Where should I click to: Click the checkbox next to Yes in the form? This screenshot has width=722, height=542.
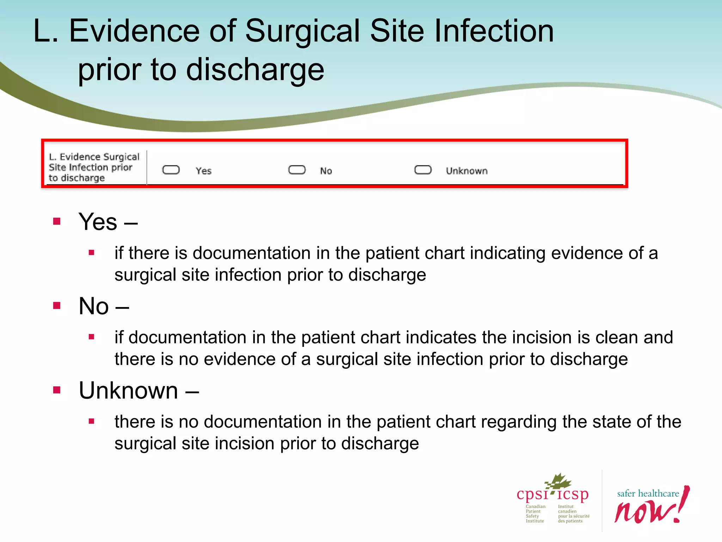pos(171,170)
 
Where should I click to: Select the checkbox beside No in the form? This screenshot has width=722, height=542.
pos(297,170)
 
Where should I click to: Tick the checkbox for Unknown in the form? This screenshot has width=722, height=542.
pos(423,170)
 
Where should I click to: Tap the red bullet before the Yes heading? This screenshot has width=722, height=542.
pos(57,222)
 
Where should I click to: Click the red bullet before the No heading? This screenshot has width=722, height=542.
pos(57,306)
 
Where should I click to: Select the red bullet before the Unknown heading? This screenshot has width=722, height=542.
pos(57,390)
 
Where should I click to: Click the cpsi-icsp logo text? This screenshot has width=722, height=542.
pos(552,494)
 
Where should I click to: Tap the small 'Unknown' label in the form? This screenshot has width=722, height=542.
pos(466,171)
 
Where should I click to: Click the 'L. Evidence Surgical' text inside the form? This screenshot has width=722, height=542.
pos(94,157)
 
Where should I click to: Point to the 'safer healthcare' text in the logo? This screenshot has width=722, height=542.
pos(648,494)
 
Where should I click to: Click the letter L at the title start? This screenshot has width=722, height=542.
pos(42,31)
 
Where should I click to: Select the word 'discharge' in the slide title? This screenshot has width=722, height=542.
pos(255,70)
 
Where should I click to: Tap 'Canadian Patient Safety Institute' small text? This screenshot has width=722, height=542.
pos(535,514)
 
